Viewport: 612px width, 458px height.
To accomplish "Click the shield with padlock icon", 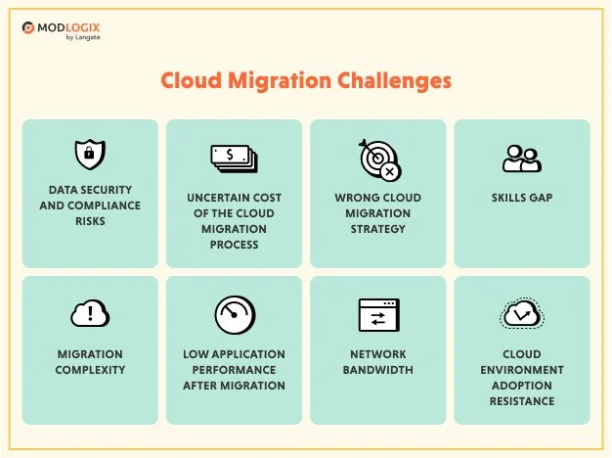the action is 90,154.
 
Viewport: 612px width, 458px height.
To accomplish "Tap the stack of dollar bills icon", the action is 235,159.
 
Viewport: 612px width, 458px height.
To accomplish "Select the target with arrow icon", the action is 379,160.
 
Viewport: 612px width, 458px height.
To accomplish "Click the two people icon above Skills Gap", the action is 522,159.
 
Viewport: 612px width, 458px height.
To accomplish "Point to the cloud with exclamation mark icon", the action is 90,313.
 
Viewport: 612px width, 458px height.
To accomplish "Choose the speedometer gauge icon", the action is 235,315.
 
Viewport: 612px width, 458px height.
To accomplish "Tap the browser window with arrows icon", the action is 379,315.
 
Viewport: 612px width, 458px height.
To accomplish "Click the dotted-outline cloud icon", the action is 522,313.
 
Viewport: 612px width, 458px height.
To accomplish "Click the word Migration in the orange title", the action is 280,81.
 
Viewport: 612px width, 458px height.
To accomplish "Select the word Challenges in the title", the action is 394,81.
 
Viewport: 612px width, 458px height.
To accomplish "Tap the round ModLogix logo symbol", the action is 28,27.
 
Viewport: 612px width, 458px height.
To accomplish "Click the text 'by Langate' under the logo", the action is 83,37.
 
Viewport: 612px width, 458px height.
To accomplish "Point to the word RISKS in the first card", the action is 90,221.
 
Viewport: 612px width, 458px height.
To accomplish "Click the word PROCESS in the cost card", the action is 235,245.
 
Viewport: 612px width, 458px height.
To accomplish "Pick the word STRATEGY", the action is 377,229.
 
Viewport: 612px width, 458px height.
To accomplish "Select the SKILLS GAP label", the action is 522,198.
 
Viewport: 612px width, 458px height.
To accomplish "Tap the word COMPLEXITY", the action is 90,370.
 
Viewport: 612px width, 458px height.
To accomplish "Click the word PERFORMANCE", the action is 235,370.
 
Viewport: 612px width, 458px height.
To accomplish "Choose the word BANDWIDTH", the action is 377,370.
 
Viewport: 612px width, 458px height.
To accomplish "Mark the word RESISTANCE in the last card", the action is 522,401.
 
